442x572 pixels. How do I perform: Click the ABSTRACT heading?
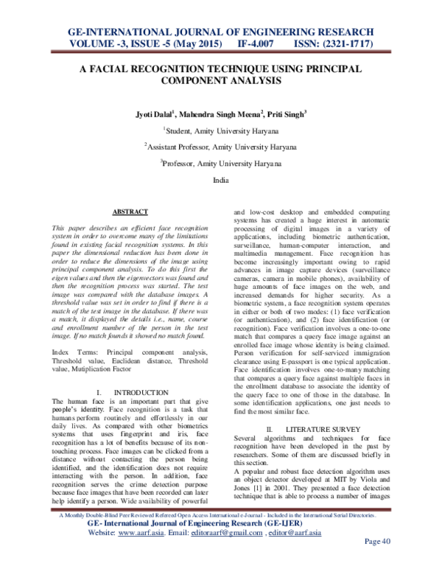[x=130, y=212]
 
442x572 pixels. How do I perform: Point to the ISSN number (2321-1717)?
[x=331, y=45]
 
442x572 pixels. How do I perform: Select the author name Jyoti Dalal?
[x=152, y=115]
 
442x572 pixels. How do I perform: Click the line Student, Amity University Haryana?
[x=222, y=131]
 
